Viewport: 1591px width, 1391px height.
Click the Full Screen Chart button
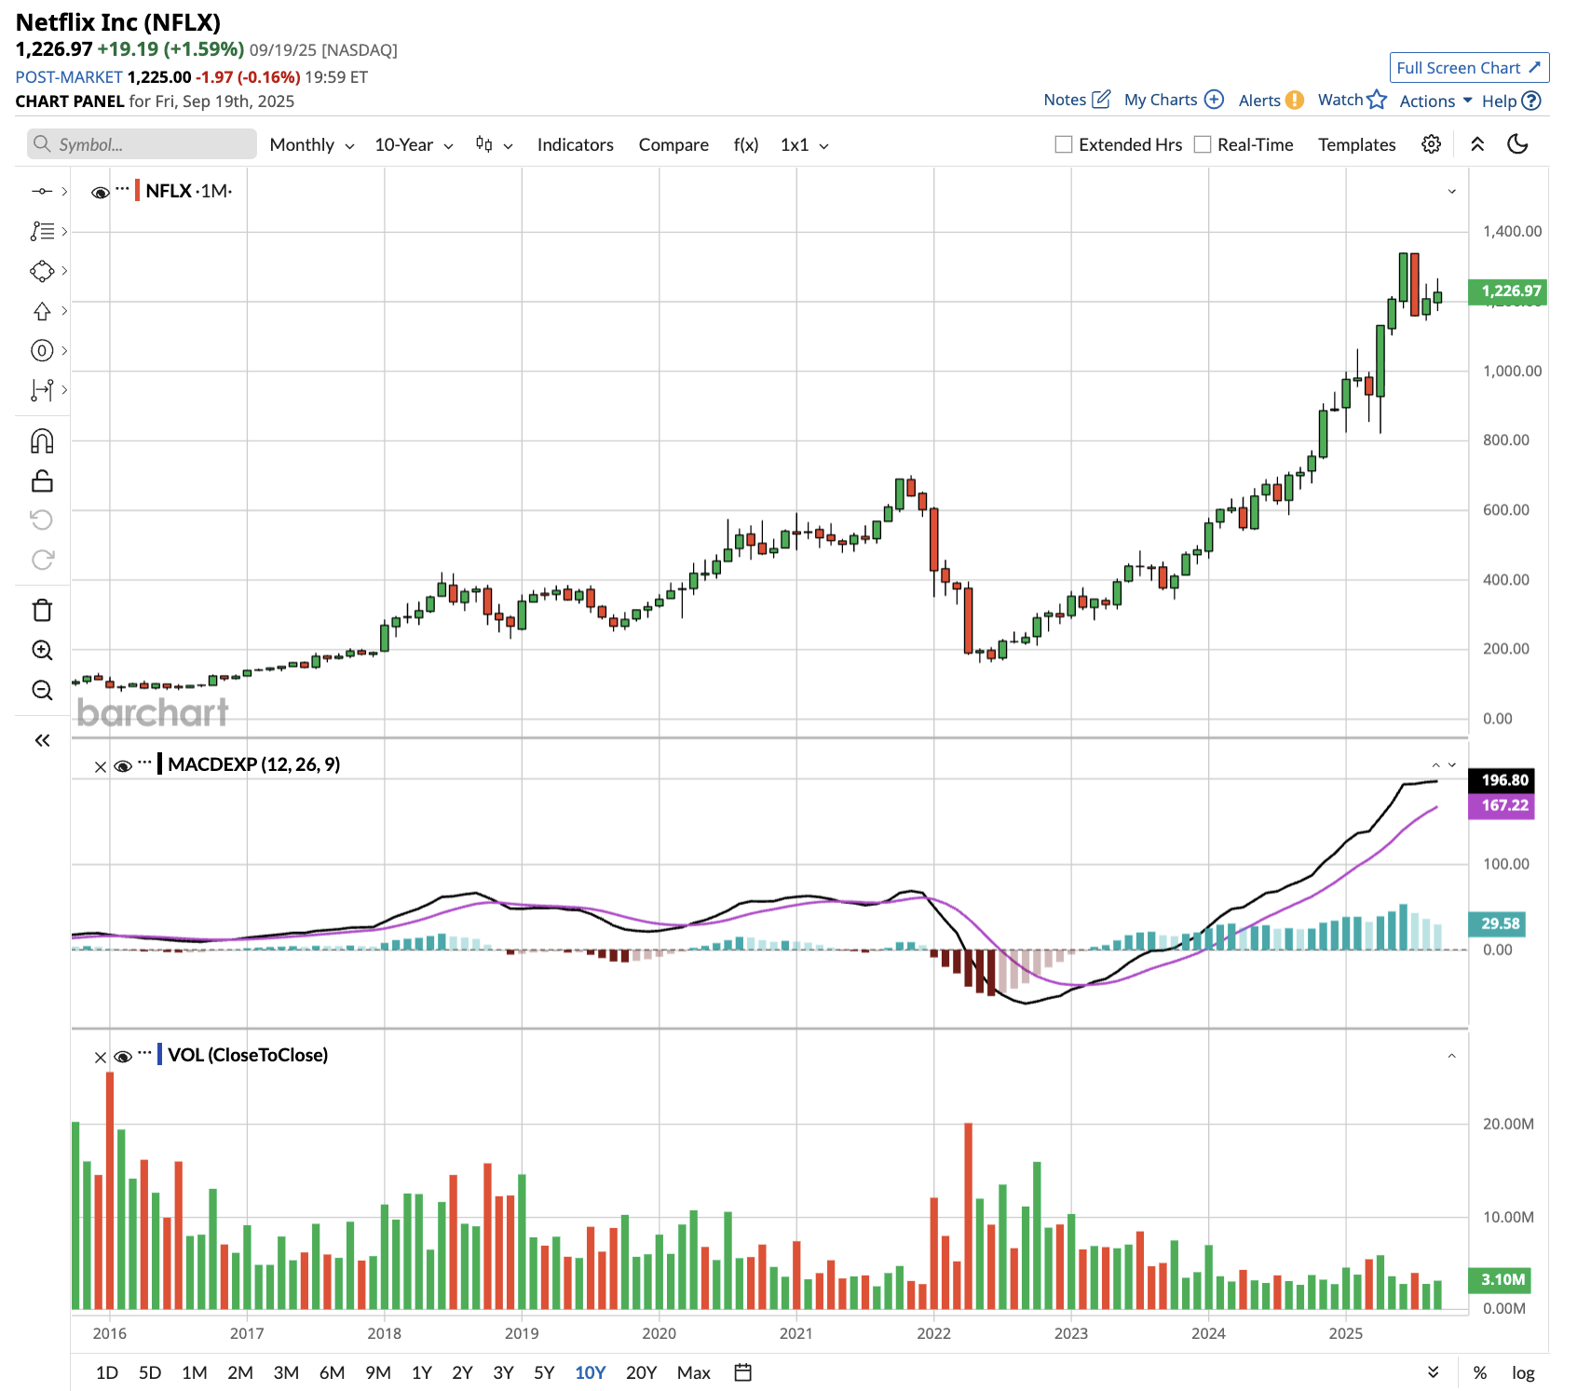click(1468, 68)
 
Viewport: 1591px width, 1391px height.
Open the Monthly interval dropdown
click(311, 145)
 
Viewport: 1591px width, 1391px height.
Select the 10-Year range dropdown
click(413, 145)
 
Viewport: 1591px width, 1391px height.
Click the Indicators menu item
click(575, 145)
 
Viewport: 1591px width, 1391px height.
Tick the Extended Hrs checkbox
click(1063, 144)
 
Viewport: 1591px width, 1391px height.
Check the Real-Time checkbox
click(1203, 144)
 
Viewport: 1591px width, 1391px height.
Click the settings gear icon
click(1431, 144)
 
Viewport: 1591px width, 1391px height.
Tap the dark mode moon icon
click(1517, 144)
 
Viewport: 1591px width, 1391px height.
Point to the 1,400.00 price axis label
click(1512, 231)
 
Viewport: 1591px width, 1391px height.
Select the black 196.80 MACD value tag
click(1504, 780)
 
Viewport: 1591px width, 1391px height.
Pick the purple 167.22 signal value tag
click(1504, 805)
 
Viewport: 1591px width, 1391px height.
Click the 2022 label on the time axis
click(933, 1333)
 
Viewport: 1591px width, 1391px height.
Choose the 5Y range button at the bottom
click(544, 1372)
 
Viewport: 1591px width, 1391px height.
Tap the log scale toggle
click(1523, 1372)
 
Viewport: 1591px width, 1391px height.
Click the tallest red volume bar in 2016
click(110, 1192)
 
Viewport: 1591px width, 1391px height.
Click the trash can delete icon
click(42, 611)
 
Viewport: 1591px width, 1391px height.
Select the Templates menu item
click(1356, 145)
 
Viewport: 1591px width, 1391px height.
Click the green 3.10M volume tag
click(1503, 1279)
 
